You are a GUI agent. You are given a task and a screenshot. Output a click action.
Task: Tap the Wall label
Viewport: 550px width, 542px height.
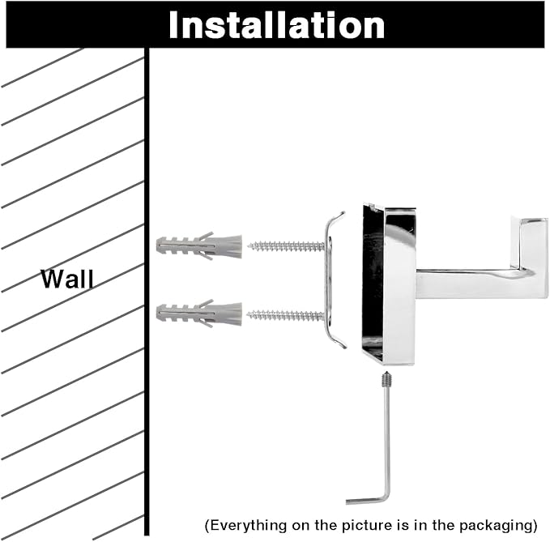(67, 280)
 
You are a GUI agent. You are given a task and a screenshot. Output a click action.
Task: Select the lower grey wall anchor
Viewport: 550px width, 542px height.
(198, 313)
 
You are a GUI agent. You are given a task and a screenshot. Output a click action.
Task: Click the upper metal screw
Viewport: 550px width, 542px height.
(288, 245)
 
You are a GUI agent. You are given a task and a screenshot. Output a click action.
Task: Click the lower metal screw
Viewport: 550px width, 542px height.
(288, 314)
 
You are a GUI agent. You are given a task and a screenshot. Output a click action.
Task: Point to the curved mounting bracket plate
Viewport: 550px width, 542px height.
(332, 280)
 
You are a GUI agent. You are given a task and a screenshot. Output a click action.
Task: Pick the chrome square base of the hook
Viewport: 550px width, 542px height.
(389, 284)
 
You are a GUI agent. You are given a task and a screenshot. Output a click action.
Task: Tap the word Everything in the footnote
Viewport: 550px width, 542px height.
(244, 524)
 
